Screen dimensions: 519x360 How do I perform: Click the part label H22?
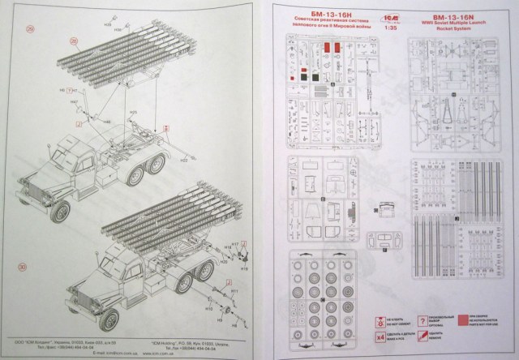184,161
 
